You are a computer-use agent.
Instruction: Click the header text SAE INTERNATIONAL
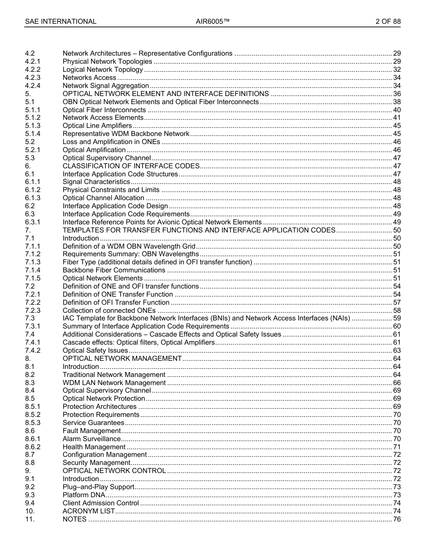click(61, 22)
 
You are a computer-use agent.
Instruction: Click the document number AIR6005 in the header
click(213, 22)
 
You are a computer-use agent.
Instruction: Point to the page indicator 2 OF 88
click(388, 22)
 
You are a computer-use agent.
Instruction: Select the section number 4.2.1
click(33, 61)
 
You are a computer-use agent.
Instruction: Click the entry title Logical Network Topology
click(103, 70)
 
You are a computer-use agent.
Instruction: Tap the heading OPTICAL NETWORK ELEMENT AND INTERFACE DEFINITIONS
click(165, 94)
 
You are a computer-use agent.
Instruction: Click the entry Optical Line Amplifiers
click(97, 126)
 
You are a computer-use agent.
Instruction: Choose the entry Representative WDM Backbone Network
click(126, 134)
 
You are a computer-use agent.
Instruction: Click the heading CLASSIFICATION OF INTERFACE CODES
click(130, 166)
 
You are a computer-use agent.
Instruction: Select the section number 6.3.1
click(33, 222)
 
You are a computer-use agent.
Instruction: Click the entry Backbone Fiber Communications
click(114, 270)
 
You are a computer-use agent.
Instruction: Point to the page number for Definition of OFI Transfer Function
click(396, 302)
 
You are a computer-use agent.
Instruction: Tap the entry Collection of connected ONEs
click(109, 311)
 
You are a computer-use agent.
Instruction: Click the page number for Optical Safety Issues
click(396, 350)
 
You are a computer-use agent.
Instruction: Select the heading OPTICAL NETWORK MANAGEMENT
click(122, 359)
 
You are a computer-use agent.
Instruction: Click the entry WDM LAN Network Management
click(114, 383)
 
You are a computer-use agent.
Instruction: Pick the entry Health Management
click(94, 447)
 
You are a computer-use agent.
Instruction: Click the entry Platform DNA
click(84, 495)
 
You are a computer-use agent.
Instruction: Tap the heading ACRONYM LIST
click(89, 511)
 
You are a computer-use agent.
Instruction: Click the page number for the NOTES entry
click(396, 519)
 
